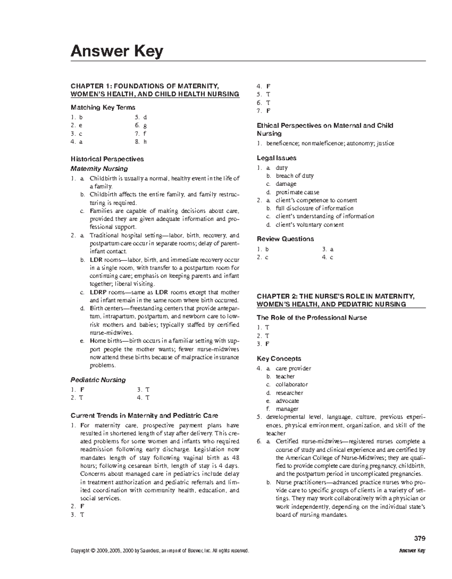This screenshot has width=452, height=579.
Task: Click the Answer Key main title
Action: pyautogui.click(x=117, y=51)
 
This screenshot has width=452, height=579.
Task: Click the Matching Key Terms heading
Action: pyautogui.click(x=103, y=107)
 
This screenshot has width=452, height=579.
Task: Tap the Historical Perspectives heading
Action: pyautogui.click(x=107, y=159)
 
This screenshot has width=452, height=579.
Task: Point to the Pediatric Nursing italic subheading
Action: pyautogui.click(x=98, y=380)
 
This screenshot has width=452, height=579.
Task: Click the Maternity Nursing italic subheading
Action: pyautogui.click(x=99, y=168)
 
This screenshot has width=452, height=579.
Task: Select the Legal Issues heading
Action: pyautogui.click(x=276, y=158)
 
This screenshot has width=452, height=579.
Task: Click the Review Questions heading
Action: pyautogui.click(x=285, y=239)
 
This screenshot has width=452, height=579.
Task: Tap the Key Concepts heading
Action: pyautogui.click(x=279, y=358)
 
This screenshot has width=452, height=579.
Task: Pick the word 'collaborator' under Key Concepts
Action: pyautogui.click(x=292, y=384)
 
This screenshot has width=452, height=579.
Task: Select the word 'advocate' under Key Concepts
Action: pyautogui.click(x=287, y=401)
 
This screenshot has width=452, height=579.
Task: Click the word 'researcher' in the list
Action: pyautogui.click(x=289, y=393)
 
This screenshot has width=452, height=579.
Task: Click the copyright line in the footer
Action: pyautogui.click(x=160, y=551)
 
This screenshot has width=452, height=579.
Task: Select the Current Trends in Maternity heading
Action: pyautogui.click(x=144, y=416)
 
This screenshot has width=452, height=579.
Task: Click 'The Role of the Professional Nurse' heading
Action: pyautogui.click(x=312, y=318)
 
